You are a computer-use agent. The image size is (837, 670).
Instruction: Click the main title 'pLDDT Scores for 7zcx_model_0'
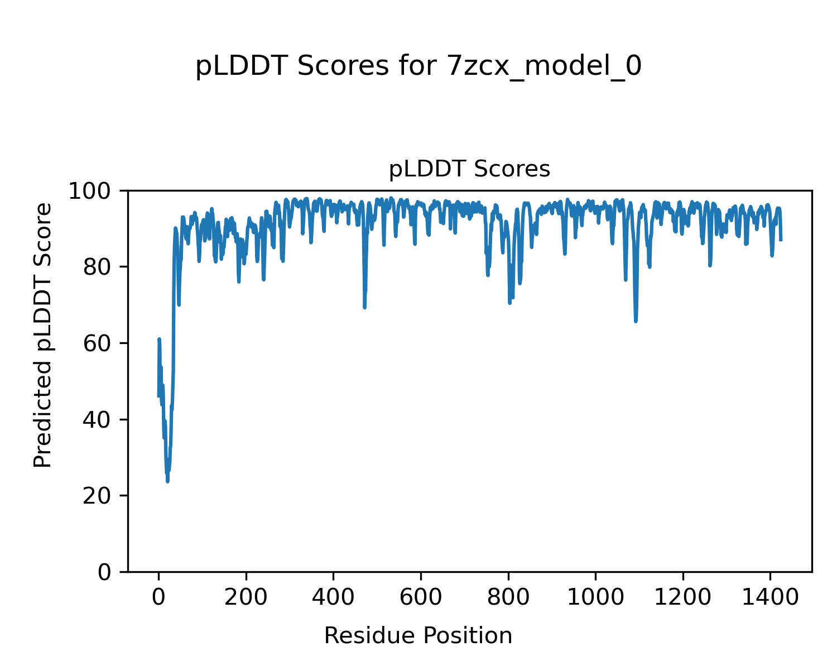(418, 67)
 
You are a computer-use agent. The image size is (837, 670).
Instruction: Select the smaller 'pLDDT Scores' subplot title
(469, 169)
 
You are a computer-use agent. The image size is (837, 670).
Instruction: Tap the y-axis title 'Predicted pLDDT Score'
(43, 335)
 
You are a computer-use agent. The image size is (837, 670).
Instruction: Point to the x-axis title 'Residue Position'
(418, 636)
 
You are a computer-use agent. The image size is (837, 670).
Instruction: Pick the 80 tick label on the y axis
(99, 267)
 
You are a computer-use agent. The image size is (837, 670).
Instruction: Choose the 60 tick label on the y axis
(99, 343)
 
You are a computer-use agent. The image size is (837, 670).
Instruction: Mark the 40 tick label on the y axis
(99, 420)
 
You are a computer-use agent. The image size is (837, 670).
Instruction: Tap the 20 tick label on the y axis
(99, 496)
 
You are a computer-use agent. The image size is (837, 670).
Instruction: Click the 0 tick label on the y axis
(104, 572)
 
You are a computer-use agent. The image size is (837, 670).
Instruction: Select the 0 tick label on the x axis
(158, 597)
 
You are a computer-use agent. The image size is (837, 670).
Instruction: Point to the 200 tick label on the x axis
(246, 597)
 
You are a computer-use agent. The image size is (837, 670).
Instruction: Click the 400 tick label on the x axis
(333, 597)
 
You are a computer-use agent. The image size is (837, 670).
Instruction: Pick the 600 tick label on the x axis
(420, 597)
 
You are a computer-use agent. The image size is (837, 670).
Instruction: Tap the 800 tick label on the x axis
(508, 597)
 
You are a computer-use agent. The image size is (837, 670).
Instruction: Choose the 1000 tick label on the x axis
(595, 597)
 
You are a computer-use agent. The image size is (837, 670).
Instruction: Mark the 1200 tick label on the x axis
(682, 597)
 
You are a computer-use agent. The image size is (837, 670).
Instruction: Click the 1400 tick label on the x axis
(770, 597)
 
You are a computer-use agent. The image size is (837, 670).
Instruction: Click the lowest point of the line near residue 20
(167, 481)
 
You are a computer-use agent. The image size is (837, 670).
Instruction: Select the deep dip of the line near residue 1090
(636, 320)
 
